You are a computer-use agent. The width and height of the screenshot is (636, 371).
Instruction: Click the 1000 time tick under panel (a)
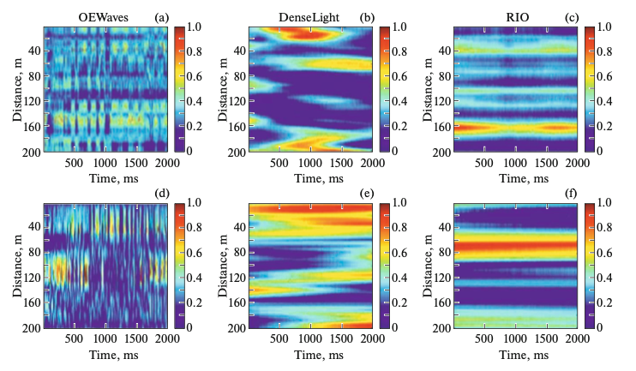[x=104, y=162]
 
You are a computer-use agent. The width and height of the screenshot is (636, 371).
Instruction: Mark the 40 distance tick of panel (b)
[x=238, y=51]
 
